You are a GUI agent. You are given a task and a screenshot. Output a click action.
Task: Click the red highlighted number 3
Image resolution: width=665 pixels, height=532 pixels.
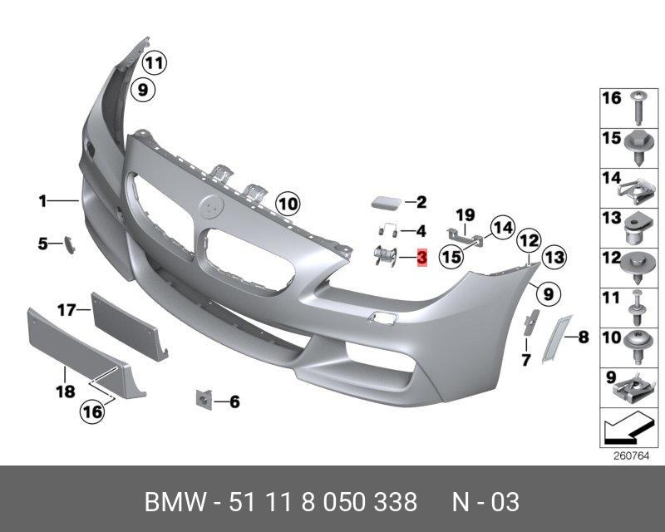coord(421,259)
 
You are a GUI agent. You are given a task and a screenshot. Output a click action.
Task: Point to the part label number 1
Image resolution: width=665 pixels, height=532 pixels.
coord(42,200)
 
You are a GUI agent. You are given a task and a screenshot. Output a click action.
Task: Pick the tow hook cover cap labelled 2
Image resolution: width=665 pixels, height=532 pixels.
coord(383,201)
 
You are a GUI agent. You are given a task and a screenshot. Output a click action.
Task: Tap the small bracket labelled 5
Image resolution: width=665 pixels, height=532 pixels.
coord(69,244)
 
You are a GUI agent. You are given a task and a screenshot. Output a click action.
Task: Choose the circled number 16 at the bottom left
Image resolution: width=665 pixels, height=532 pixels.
coord(92,411)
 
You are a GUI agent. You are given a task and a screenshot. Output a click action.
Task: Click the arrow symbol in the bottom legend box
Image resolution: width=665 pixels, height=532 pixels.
coord(627,430)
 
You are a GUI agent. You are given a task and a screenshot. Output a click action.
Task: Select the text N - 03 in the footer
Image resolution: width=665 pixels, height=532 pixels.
coord(485,502)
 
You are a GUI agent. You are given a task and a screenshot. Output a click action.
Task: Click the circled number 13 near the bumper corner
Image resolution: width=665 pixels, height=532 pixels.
coord(554,258)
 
